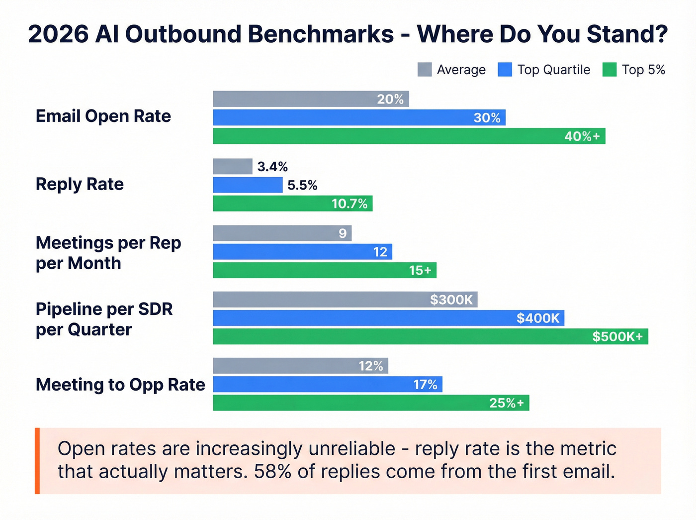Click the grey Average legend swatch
tap(425, 70)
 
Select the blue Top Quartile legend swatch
tap(505, 70)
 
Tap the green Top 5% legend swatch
tap(609, 70)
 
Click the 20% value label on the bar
tap(390, 99)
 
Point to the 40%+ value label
tap(582, 136)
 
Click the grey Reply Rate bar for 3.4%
tap(233, 166)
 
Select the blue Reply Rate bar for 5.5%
tap(248, 185)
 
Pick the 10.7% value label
tap(349, 204)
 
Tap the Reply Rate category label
tap(80, 184)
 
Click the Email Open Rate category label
tap(103, 116)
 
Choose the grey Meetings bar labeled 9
tap(282, 233)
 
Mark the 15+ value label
tap(420, 270)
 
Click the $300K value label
tap(451, 300)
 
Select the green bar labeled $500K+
tap(430, 336)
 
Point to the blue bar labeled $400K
tap(388, 318)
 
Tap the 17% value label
tap(426, 384)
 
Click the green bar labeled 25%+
tap(371, 403)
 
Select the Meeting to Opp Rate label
tap(120, 385)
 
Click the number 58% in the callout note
tap(272, 471)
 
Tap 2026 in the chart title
tap(58, 34)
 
